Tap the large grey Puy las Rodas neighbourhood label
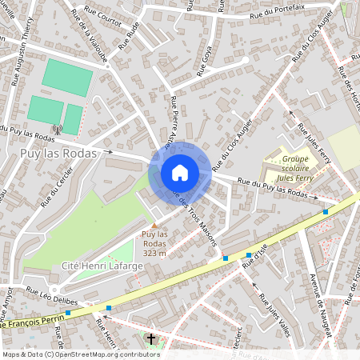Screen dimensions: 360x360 [x=55, y=153]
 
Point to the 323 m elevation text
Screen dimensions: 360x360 [x=154, y=254]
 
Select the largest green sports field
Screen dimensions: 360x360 [x=67, y=78]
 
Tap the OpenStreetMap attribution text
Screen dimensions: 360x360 [x=80, y=354]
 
